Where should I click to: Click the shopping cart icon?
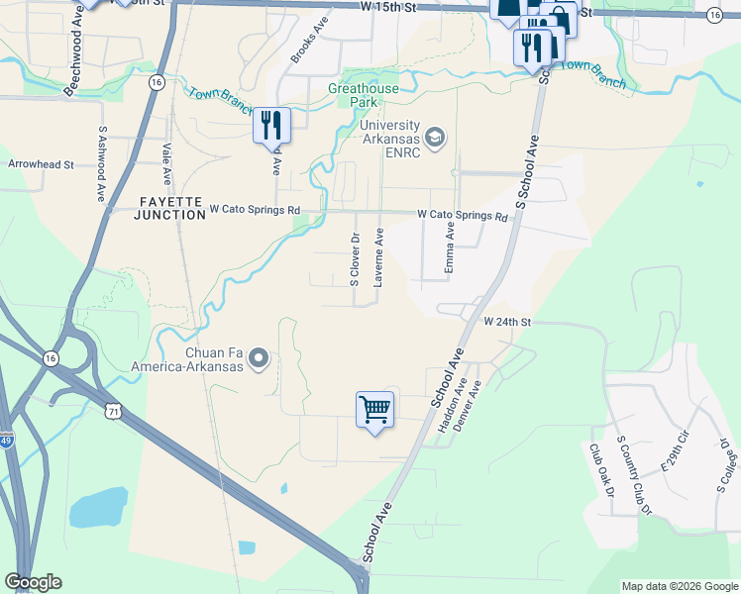374,409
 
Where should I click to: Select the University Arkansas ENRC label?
390,139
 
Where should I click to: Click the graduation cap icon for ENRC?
434,135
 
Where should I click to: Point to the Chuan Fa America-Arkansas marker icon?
260,357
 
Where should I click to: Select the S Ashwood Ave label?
102,163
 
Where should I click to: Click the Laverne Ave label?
378,257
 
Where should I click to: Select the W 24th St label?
508,322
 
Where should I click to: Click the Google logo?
33,582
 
